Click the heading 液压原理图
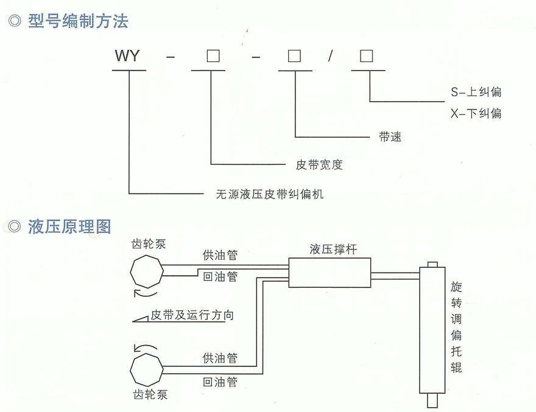69,226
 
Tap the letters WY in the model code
127,57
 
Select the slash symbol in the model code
330,57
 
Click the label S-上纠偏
476,93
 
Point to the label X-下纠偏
476,113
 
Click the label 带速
390,137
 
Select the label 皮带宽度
319,165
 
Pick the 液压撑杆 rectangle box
330,271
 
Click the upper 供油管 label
220,256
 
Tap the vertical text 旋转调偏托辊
456,327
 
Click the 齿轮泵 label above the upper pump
149,245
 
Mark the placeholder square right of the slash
366,57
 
